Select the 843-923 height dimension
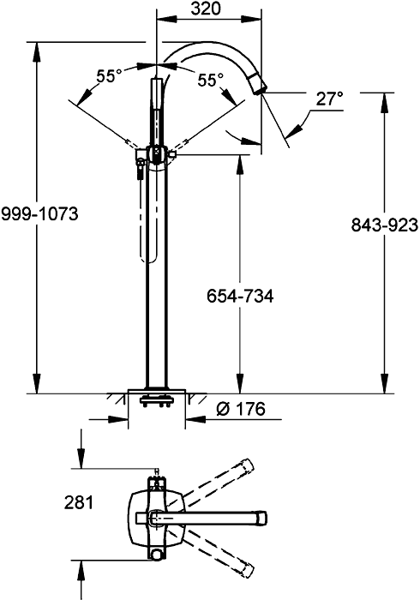384,225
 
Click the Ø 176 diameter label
234,410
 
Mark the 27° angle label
328,99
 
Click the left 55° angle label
109,76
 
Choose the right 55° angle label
210,80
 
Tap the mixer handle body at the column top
158,155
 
